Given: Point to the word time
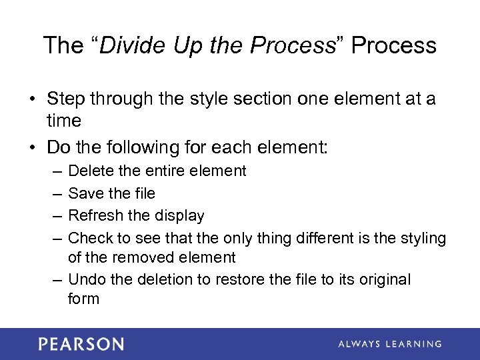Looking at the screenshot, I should pos(64,121).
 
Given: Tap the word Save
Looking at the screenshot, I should pos(86,193).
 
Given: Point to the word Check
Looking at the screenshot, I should pos(90,237).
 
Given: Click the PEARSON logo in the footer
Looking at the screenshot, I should pos(81,344).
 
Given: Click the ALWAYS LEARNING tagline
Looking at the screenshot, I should pos(389,344).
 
